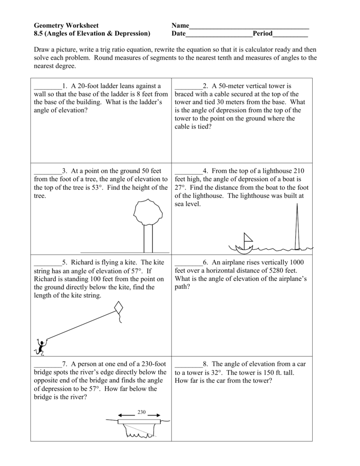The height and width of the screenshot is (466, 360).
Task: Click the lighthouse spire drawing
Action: (x=297, y=228)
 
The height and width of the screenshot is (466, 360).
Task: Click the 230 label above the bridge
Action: (x=141, y=412)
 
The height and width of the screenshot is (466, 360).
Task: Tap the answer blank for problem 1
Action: (x=47, y=86)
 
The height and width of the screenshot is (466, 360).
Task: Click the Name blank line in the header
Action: (x=249, y=25)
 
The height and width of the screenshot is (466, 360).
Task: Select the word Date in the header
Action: (x=178, y=34)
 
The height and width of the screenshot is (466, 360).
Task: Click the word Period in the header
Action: (x=263, y=34)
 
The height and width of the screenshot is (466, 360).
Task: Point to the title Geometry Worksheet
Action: (x=66, y=25)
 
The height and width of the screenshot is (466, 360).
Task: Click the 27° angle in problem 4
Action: (x=180, y=187)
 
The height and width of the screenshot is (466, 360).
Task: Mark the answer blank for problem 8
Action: (x=188, y=364)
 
